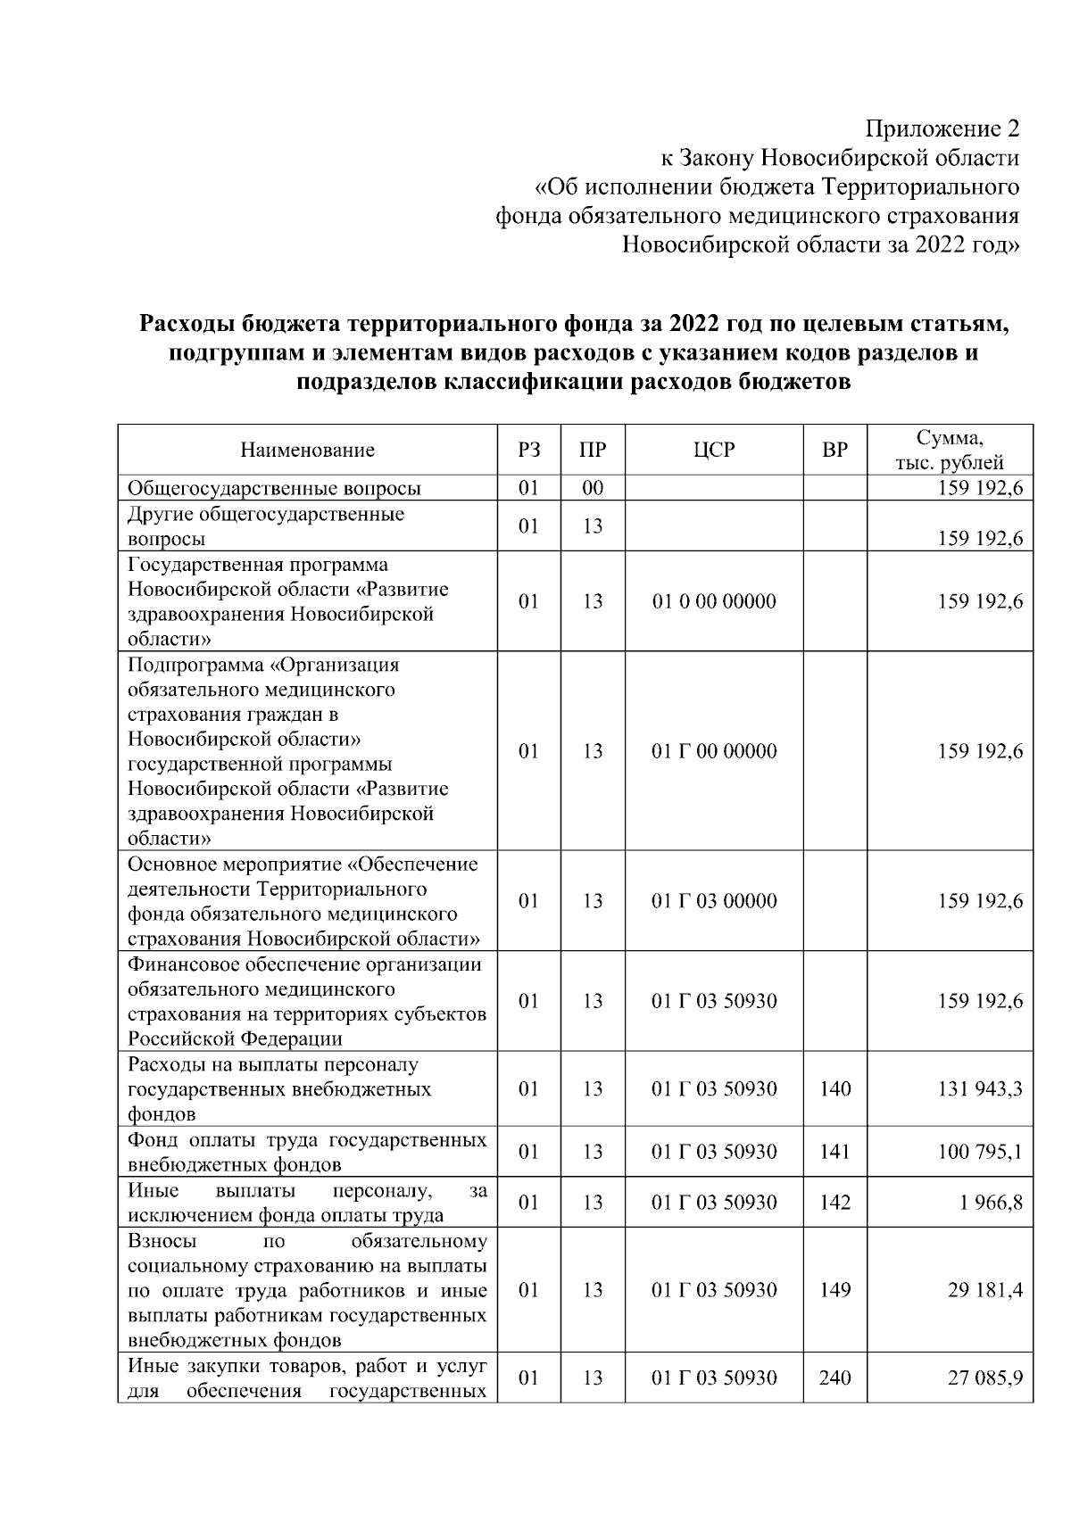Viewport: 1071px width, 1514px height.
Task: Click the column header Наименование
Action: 307,450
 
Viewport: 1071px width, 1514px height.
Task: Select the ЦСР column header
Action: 714,450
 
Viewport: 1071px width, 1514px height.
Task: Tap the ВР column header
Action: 834,450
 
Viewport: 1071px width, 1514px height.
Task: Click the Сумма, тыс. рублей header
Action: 950,450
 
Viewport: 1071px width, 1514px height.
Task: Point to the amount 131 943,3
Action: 979,1088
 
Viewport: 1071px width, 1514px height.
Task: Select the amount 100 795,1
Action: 979,1152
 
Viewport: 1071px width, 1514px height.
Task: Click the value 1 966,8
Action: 991,1202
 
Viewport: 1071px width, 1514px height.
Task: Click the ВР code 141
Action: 834,1152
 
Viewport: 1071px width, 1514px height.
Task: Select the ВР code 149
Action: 834,1290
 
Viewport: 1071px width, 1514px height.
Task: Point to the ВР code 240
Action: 834,1377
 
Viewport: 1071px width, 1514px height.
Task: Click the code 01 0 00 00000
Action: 714,601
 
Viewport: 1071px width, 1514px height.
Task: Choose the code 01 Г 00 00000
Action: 714,751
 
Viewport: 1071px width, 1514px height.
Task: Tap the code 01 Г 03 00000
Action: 714,901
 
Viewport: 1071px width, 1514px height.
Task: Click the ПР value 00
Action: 593,488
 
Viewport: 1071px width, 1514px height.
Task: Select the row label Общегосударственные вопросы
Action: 274,488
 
